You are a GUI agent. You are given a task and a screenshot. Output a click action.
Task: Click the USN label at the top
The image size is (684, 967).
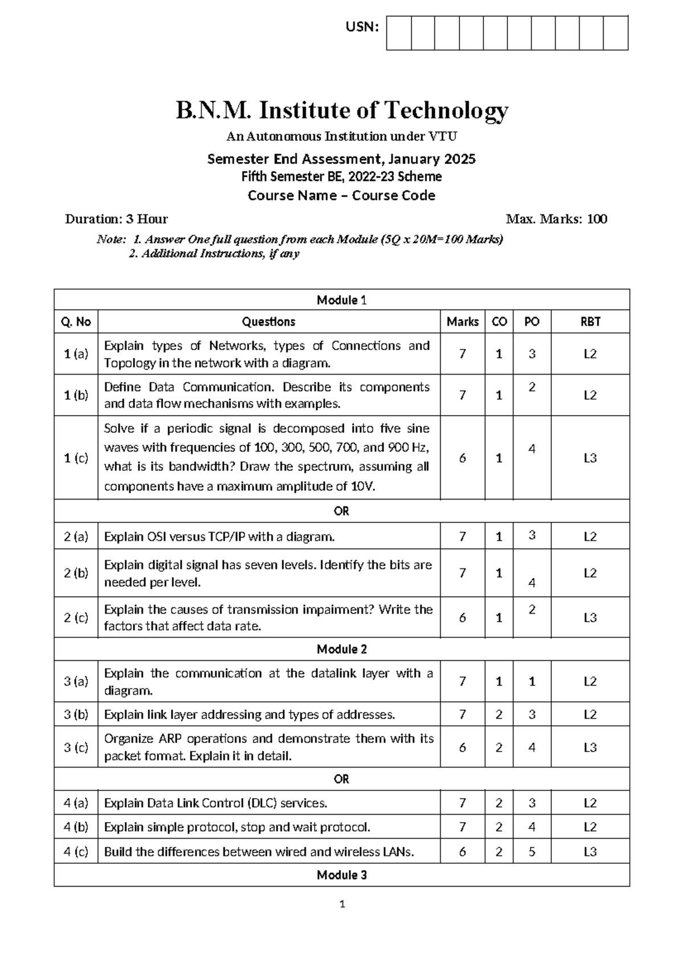362,27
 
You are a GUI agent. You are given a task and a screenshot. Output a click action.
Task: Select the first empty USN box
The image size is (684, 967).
398,33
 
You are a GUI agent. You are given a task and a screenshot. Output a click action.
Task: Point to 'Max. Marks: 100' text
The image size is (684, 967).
556,219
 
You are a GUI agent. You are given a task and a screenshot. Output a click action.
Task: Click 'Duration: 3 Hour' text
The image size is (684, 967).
116,219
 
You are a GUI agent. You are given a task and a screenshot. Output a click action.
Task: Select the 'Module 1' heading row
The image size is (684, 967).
341,300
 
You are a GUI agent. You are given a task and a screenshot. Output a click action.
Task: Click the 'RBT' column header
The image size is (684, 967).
590,322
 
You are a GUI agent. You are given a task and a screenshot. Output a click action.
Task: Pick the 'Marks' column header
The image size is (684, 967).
462,322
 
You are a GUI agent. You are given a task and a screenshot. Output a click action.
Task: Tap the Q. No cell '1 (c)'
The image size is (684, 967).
76,457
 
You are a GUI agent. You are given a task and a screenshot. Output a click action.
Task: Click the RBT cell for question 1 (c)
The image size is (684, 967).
590,458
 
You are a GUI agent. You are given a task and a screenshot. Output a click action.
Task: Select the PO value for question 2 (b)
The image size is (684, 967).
532,583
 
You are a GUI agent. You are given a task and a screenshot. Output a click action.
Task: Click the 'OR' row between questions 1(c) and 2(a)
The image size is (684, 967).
341,511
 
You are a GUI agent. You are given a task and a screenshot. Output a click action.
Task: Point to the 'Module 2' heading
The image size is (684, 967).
341,649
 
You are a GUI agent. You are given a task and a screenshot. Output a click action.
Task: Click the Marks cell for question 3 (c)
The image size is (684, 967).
462,747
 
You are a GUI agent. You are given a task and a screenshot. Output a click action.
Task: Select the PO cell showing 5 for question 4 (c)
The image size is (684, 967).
532,851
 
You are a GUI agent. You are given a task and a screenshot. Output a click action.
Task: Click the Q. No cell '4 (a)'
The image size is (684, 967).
76,803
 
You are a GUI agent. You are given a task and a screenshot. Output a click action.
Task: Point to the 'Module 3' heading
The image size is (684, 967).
341,875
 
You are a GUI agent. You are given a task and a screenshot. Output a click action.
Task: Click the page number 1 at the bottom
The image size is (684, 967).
342,904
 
